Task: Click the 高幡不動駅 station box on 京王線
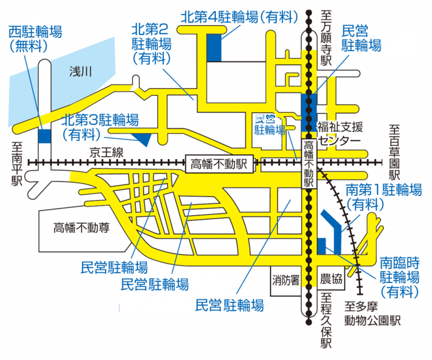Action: point(219,163)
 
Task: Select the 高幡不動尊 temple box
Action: point(81,227)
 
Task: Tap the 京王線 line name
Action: point(104,152)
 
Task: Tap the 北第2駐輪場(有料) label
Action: point(152,43)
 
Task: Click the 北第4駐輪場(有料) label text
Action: point(239,18)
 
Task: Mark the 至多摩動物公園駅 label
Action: point(375,314)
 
